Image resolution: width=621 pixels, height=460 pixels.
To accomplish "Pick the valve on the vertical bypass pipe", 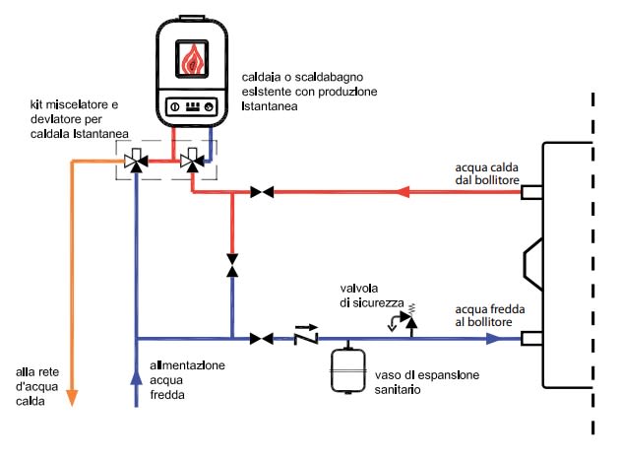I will pyautogui.click(x=232, y=266).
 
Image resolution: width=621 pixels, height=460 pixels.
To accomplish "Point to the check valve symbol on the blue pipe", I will pyautogui.click(x=307, y=338).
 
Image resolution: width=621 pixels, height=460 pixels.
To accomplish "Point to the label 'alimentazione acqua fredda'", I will pyautogui.click(x=187, y=378).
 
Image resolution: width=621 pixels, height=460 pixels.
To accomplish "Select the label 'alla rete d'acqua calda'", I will pyautogui.click(x=36, y=384).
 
